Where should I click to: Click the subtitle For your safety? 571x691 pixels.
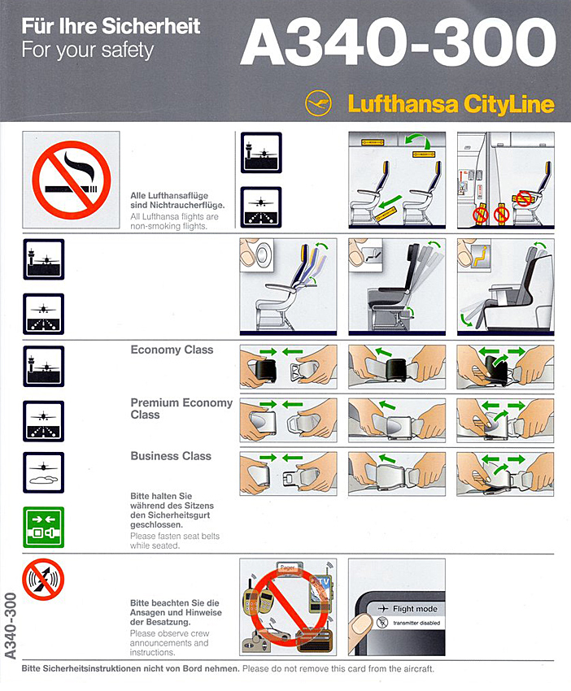pyautogui.click(x=87, y=50)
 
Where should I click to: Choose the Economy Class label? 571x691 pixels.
pyautogui.click(x=172, y=350)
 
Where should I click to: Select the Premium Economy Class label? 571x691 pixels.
pyautogui.click(x=181, y=408)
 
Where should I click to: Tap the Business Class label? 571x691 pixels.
pyautogui.click(x=170, y=456)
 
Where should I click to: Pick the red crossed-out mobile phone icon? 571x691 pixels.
pyautogui.click(x=43, y=580)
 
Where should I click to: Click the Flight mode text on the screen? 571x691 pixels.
pyautogui.click(x=415, y=609)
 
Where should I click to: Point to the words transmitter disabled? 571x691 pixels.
pyautogui.click(x=415, y=624)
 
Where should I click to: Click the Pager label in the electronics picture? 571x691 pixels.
pyautogui.click(x=287, y=567)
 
